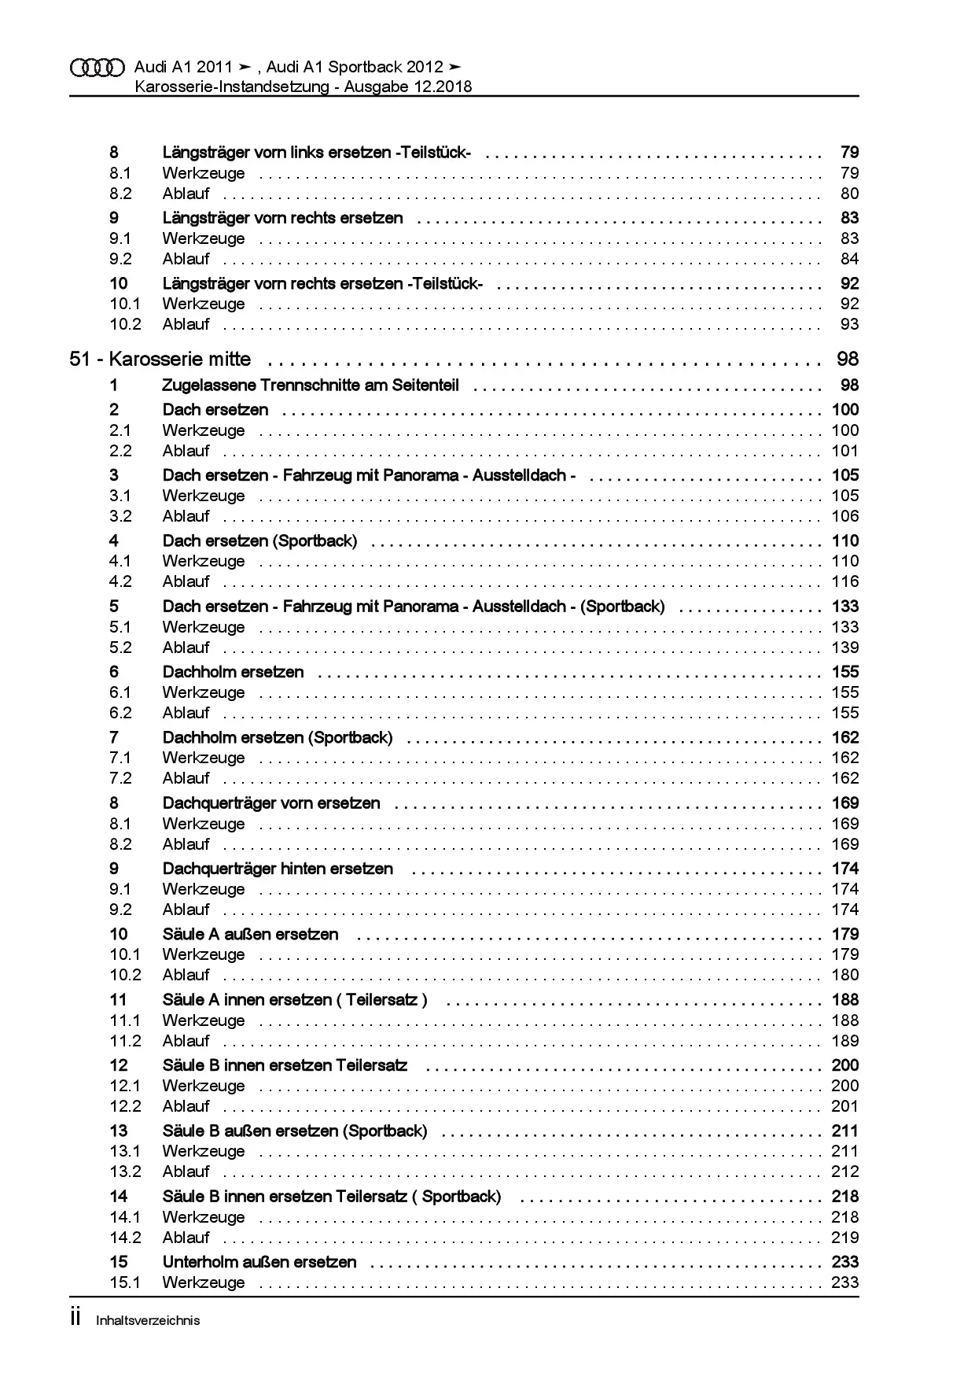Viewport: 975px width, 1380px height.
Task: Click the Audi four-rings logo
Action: tap(97, 68)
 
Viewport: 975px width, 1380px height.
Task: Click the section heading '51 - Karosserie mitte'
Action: tap(160, 360)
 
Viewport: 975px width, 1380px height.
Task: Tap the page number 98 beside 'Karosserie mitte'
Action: tap(848, 360)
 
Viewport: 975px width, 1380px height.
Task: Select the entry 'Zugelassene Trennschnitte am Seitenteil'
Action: tap(311, 386)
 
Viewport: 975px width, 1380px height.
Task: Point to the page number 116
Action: tap(845, 582)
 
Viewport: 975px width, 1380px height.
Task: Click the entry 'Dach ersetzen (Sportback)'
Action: tap(259, 541)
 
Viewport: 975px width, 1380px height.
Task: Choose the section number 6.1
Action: tap(120, 692)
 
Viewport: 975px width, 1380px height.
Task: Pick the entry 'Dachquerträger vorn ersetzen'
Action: tap(271, 803)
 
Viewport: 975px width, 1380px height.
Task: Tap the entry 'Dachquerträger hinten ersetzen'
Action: tap(278, 869)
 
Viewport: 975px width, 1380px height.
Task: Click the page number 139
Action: tap(845, 648)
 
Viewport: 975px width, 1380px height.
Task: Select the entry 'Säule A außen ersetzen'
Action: tap(250, 935)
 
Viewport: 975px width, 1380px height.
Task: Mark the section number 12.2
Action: tap(126, 1106)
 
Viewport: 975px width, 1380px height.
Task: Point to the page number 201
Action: tap(845, 1106)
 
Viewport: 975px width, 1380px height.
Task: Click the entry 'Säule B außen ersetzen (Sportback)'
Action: tap(295, 1131)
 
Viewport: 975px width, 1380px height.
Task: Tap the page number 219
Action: tap(845, 1238)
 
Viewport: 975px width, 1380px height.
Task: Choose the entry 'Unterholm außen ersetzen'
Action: tap(259, 1262)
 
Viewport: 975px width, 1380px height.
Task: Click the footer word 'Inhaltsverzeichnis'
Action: tap(148, 1321)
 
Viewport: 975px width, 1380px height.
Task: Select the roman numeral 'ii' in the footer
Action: tap(75, 1319)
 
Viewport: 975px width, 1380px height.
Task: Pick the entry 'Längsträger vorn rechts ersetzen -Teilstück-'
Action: tap(322, 284)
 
